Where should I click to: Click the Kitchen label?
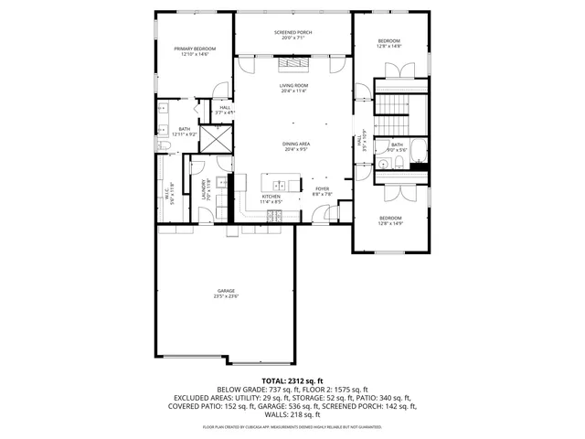click(271, 198)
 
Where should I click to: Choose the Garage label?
click(226, 293)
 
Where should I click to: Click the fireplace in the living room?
click(293, 62)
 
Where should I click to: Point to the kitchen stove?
click(272, 216)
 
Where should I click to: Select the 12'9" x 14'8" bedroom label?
click(389, 44)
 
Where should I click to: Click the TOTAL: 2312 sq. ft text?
click(292, 380)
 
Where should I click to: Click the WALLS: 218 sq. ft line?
click(292, 414)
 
